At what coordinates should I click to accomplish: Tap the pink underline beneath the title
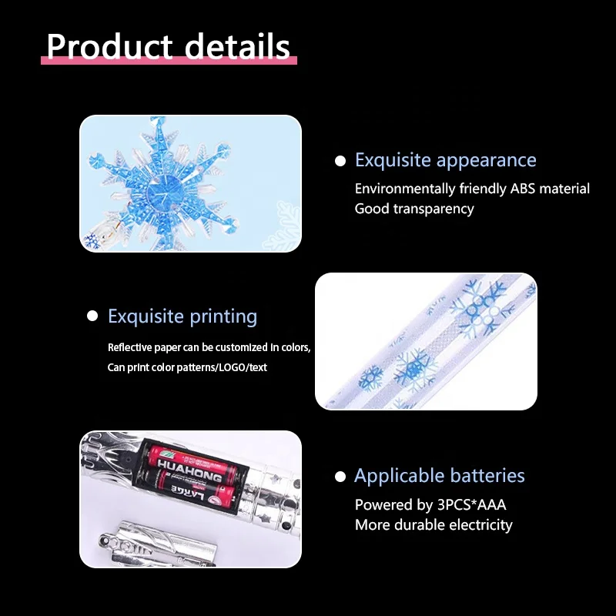click(169, 60)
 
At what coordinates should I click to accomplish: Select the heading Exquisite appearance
click(445, 160)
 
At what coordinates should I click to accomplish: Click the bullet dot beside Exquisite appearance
click(340, 161)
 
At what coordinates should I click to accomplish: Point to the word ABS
click(527, 189)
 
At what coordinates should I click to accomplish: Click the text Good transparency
click(414, 209)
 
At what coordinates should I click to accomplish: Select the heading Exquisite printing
click(182, 316)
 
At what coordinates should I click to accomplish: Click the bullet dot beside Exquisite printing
click(92, 316)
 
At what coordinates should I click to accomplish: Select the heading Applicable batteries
click(439, 476)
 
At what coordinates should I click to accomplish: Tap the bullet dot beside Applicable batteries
click(340, 477)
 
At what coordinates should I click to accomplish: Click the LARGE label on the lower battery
click(182, 488)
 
